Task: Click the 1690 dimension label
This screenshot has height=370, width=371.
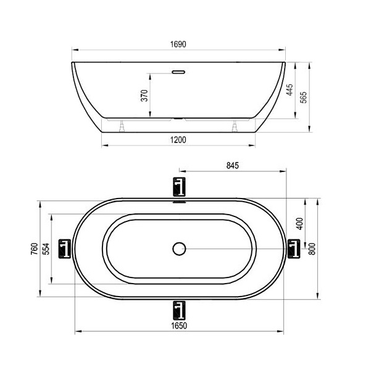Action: click(x=178, y=44)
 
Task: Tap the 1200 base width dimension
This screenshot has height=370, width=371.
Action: click(x=178, y=140)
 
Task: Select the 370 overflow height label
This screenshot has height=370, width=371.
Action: click(x=144, y=96)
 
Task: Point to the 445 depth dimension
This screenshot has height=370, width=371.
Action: click(x=290, y=89)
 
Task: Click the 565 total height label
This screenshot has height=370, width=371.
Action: click(x=303, y=97)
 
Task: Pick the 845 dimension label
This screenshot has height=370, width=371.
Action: click(x=233, y=165)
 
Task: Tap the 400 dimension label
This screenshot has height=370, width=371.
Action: click(x=299, y=224)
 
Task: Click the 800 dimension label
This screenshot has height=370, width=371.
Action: click(x=312, y=249)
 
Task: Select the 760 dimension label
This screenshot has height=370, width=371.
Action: click(x=35, y=249)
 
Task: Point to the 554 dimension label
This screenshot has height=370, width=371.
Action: click(x=47, y=249)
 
